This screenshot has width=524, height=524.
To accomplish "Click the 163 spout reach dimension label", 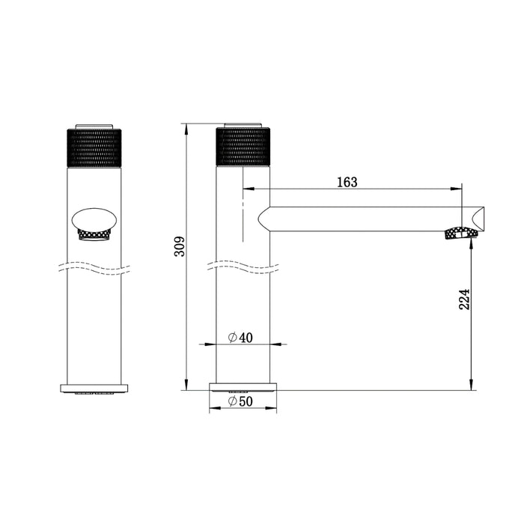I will pyautogui.click(x=347, y=182).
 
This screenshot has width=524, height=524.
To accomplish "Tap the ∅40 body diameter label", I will pyautogui.click(x=241, y=338).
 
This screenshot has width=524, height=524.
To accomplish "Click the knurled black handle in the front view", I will pyautogui.click(x=94, y=147).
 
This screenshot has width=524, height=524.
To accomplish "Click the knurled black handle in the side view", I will pyautogui.click(x=243, y=147).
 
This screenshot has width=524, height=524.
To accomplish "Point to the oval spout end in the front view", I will pyautogui.click(x=94, y=220).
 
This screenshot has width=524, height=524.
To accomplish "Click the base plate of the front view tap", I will pyautogui.click(x=94, y=388).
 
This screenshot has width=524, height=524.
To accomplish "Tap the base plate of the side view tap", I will pyautogui.click(x=243, y=388).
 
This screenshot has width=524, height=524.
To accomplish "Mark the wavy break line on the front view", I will pyautogui.click(x=94, y=267).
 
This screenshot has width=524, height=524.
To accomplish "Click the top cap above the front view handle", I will pyautogui.click(x=94, y=124).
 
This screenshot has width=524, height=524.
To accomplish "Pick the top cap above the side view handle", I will pyautogui.click(x=243, y=124).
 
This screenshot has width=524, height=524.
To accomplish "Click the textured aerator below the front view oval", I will pyautogui.click(x=94, y=235).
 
